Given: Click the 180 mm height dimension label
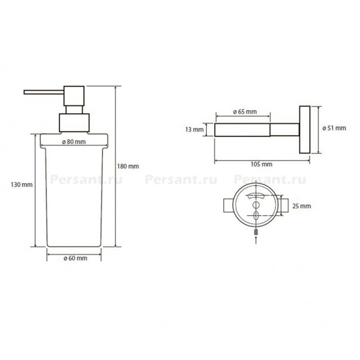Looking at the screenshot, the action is pyautogui.click(x=128, y=166).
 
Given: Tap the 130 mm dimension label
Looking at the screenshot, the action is pyautogui.click(x=22, y=185).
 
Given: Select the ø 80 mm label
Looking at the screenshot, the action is pyautogui.click(x=74, y=142).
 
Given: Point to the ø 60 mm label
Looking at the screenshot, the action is pyautogui.click(x=75, y=258).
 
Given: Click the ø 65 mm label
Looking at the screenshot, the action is pyautogui.click(x=245, y=112).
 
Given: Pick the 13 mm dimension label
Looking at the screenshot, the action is pyautogui.click(x=194, y=130).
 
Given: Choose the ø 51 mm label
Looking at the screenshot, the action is pyautogui.click(x=334, y=128).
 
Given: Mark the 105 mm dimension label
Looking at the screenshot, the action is pyautogui.click(x=261, y=164).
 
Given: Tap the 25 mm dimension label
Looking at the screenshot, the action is pyautogui.click(x=301, y=206).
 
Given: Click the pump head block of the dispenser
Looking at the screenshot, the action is pyautogui.click(x=74, y=96).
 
